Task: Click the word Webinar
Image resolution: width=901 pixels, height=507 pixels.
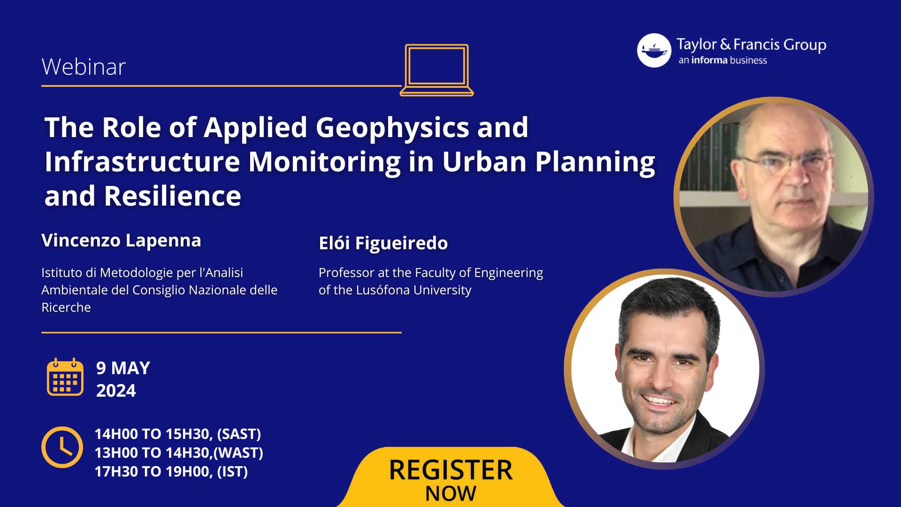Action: tap(84, 67)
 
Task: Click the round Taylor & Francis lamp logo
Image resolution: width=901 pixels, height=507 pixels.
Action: tap(654, 50)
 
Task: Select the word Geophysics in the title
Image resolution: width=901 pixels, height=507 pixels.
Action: tap(392, 128)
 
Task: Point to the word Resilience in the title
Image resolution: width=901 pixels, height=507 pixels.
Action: tap(172, 196)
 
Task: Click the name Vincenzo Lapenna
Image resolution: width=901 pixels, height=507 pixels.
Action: tap(121, 240)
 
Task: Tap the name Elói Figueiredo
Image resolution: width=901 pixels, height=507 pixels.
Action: tap(383, 243)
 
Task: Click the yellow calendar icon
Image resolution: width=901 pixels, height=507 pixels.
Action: tap(65, 377)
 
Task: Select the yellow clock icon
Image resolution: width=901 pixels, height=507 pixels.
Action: tap(62, 447)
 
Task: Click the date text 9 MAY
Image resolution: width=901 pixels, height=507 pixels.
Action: tap(123, 368)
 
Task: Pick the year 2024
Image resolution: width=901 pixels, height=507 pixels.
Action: tap(116, 391)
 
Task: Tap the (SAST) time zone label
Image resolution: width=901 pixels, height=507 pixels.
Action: tap(239, 434)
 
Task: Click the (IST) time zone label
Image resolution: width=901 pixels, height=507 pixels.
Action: tap(232, 471)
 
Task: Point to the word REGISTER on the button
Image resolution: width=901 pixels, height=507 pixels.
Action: tap(451, 470)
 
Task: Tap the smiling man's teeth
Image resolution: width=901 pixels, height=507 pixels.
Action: tap(659, 400)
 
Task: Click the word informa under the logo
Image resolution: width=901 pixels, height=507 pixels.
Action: tap(709, 60)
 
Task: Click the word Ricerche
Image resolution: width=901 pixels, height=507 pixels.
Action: tap(66, 307)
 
